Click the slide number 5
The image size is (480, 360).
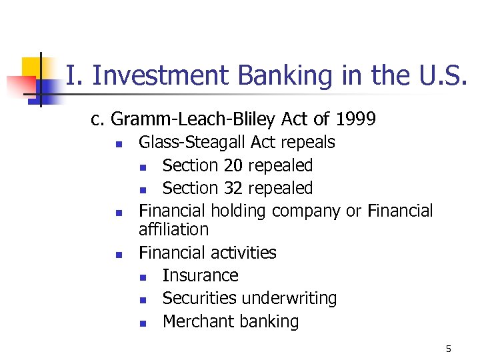tap(449, 349)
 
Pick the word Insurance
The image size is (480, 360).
tap(200, 275)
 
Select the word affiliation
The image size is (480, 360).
tap(173, 230)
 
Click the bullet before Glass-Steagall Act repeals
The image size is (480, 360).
tap(117, 143)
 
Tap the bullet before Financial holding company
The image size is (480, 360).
tap(117, 213)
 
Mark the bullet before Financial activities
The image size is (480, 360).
tap(117, 254)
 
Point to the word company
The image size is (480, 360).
tap(303, 211)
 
